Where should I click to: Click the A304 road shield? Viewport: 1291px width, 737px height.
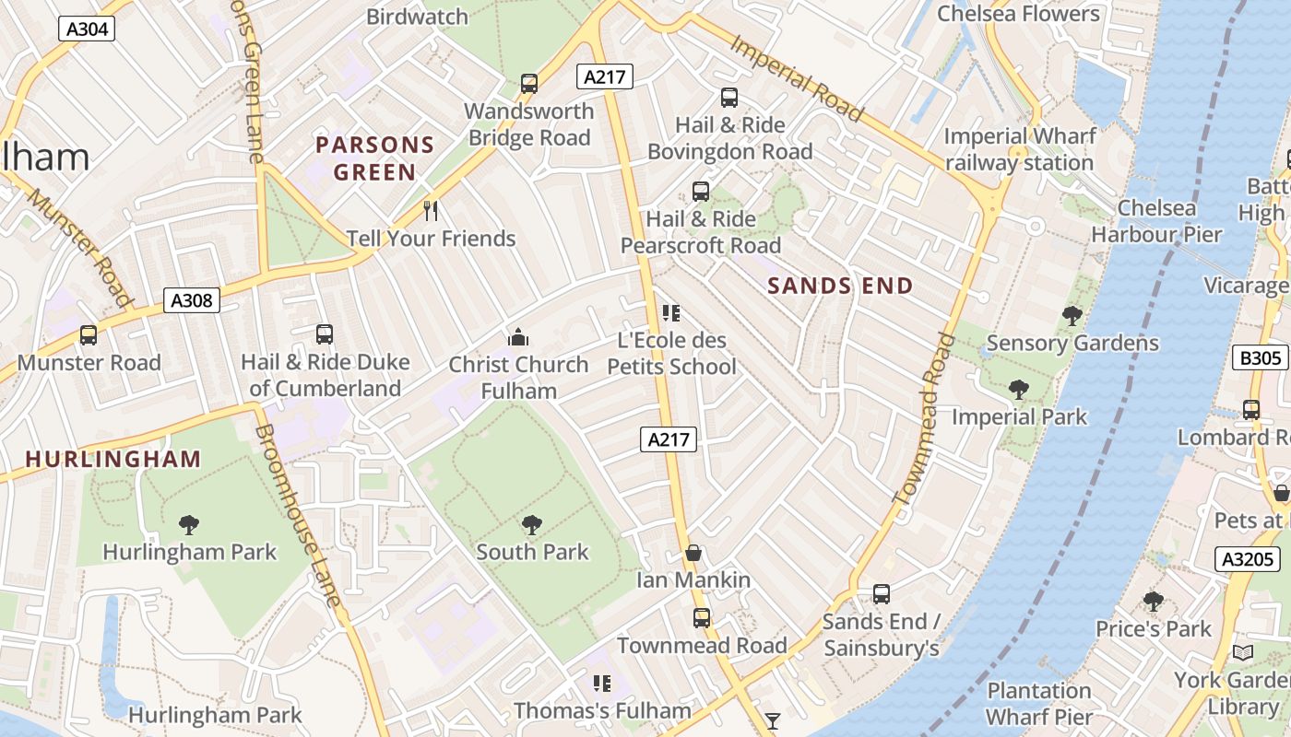(89, 29)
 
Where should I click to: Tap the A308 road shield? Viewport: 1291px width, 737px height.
(192, 299)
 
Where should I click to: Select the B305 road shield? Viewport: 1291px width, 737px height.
(1259, 357)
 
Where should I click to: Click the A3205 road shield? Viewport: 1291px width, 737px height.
(1249, 558)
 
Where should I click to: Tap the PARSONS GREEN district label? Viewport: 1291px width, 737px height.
(374, 158)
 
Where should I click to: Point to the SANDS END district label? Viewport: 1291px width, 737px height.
(840, 287)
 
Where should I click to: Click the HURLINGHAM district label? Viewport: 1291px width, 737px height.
(113, 459)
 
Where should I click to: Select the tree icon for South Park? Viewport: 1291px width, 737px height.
(531, 525)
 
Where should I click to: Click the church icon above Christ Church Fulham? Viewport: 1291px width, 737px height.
(518, 337)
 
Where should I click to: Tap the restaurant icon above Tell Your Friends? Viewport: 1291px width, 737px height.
(430, 211)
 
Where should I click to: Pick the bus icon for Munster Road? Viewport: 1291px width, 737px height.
(89, 335)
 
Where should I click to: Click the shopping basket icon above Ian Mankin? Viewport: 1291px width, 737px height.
(693, 553)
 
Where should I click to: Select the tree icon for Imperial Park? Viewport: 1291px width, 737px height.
(1018, 390)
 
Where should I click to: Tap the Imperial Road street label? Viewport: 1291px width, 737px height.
(798, 78)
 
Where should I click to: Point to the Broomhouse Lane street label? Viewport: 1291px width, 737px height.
(298, 516)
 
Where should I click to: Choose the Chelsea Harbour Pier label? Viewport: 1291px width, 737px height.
(1156, 221)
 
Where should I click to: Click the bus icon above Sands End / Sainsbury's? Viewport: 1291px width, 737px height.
(881, 594)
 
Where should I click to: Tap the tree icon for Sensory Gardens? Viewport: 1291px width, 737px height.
(1072, 316)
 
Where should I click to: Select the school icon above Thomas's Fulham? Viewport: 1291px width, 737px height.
(601, 684)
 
